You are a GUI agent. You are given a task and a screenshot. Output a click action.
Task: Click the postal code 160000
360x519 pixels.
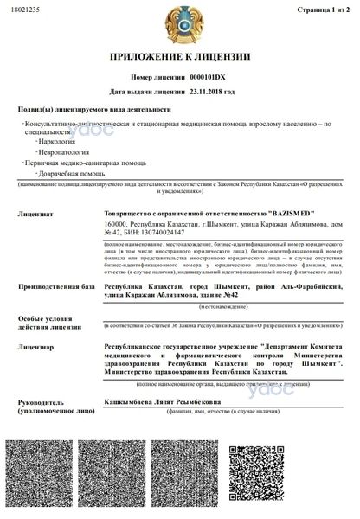click(x=117, y=223)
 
